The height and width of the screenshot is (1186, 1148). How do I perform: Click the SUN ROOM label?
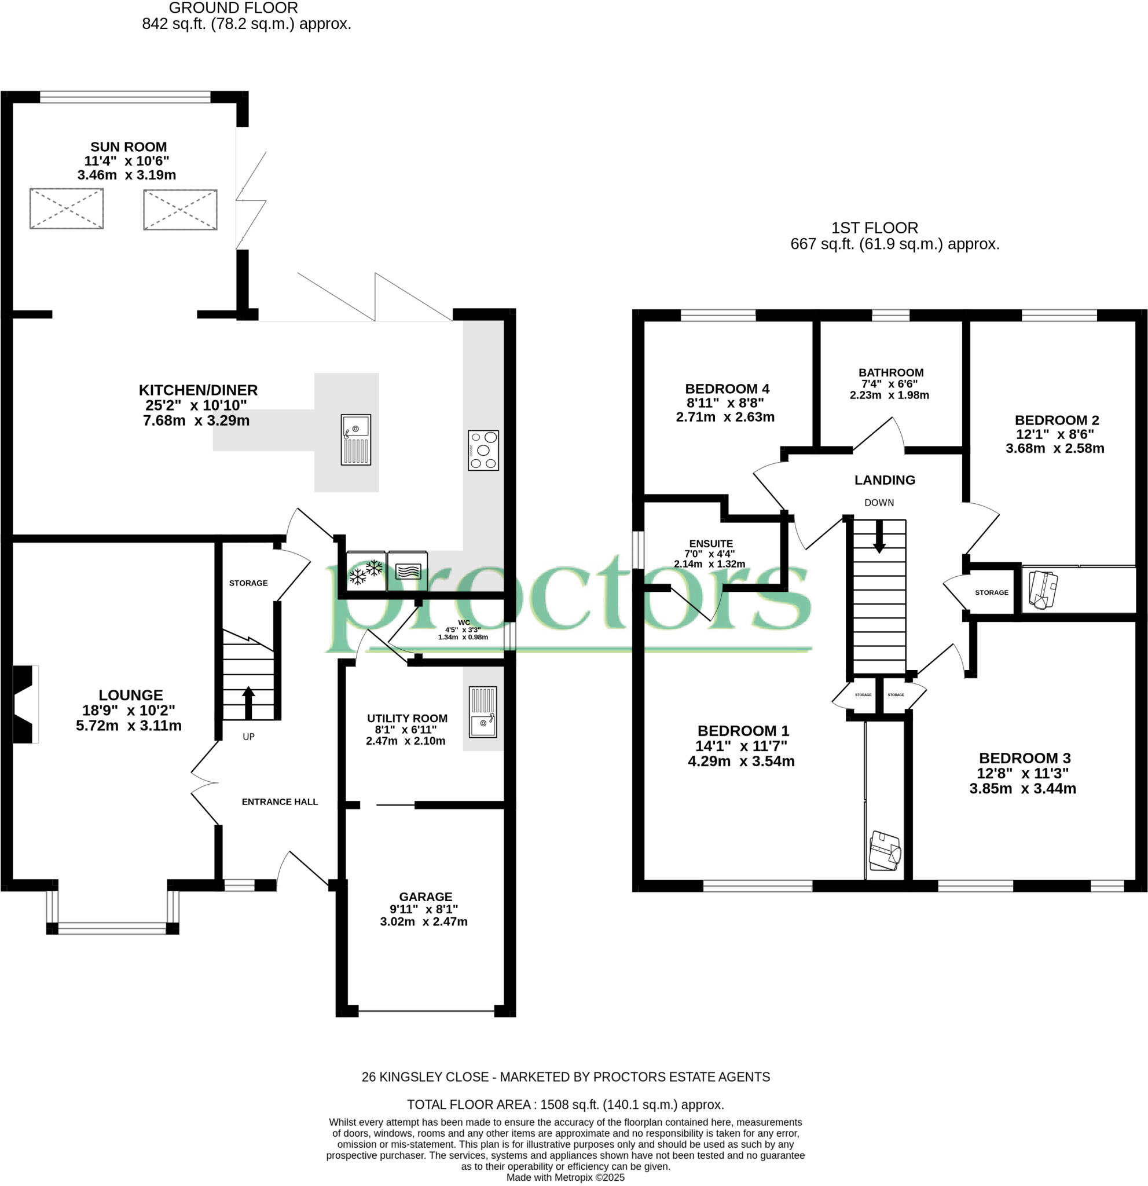pos(128,147)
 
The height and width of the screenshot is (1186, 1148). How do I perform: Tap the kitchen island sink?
pos(355,440)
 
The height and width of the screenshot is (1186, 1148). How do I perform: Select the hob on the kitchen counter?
pos(483,450)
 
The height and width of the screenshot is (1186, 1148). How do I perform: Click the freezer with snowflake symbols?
pos(366,570)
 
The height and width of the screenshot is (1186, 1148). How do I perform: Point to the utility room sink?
pos(483,712)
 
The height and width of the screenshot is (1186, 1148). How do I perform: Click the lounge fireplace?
pos(24,704)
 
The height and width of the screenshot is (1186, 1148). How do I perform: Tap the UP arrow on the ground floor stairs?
pos(248,702)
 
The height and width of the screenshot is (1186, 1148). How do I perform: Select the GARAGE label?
pos(425,896)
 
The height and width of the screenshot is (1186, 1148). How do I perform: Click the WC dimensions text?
pos(463,634)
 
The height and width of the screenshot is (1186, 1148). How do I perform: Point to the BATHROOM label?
pos(890,373)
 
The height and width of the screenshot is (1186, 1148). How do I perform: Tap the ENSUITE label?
pos(711,543)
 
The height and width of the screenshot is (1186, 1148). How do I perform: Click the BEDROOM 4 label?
pos(727,389)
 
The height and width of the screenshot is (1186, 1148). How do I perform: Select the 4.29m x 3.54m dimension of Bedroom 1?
pos(740,761)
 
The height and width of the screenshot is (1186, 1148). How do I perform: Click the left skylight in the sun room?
pos(67,208)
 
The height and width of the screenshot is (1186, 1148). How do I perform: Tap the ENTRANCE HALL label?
pos(280,801)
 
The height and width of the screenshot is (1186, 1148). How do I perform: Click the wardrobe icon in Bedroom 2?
pos(1043,589)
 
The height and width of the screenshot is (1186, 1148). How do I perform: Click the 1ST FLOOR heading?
pos(874,228)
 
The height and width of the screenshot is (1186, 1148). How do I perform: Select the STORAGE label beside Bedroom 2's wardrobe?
pos(991,592)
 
